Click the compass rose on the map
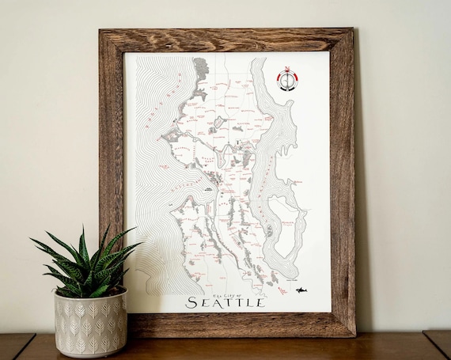coord(287,78)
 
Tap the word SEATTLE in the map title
coord(225,301)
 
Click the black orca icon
coord(301,290)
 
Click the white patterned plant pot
coord(90,321)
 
